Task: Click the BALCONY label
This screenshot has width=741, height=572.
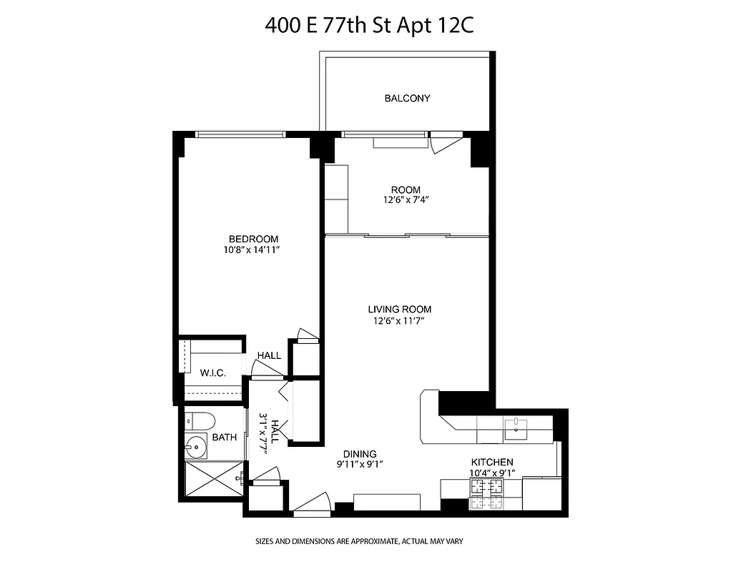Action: (x=407, y=98)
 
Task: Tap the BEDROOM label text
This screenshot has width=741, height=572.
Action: (x=253, y=239)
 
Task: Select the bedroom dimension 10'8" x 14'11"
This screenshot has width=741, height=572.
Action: (x=253, y=250)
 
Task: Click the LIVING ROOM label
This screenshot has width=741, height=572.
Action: (x=400, y=310)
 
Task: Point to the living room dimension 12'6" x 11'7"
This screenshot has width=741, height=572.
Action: (x=400, y=321)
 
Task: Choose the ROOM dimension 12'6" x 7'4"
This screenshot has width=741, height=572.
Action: (x=406, y=201)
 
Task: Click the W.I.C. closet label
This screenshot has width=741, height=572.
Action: (x=214, y=372)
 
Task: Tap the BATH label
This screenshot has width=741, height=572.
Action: (x=224, y=437)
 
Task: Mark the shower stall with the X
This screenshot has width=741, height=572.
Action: (x=214, y=479)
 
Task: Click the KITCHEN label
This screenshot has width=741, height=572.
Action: (x=491, y=463)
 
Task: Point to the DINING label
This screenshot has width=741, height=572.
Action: (x=359, y=454)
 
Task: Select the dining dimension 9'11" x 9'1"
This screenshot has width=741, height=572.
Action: (x=359, y=465)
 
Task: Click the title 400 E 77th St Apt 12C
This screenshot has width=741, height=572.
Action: (x=370, y=26)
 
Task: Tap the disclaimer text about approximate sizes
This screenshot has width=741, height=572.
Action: (x=359, y=541)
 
